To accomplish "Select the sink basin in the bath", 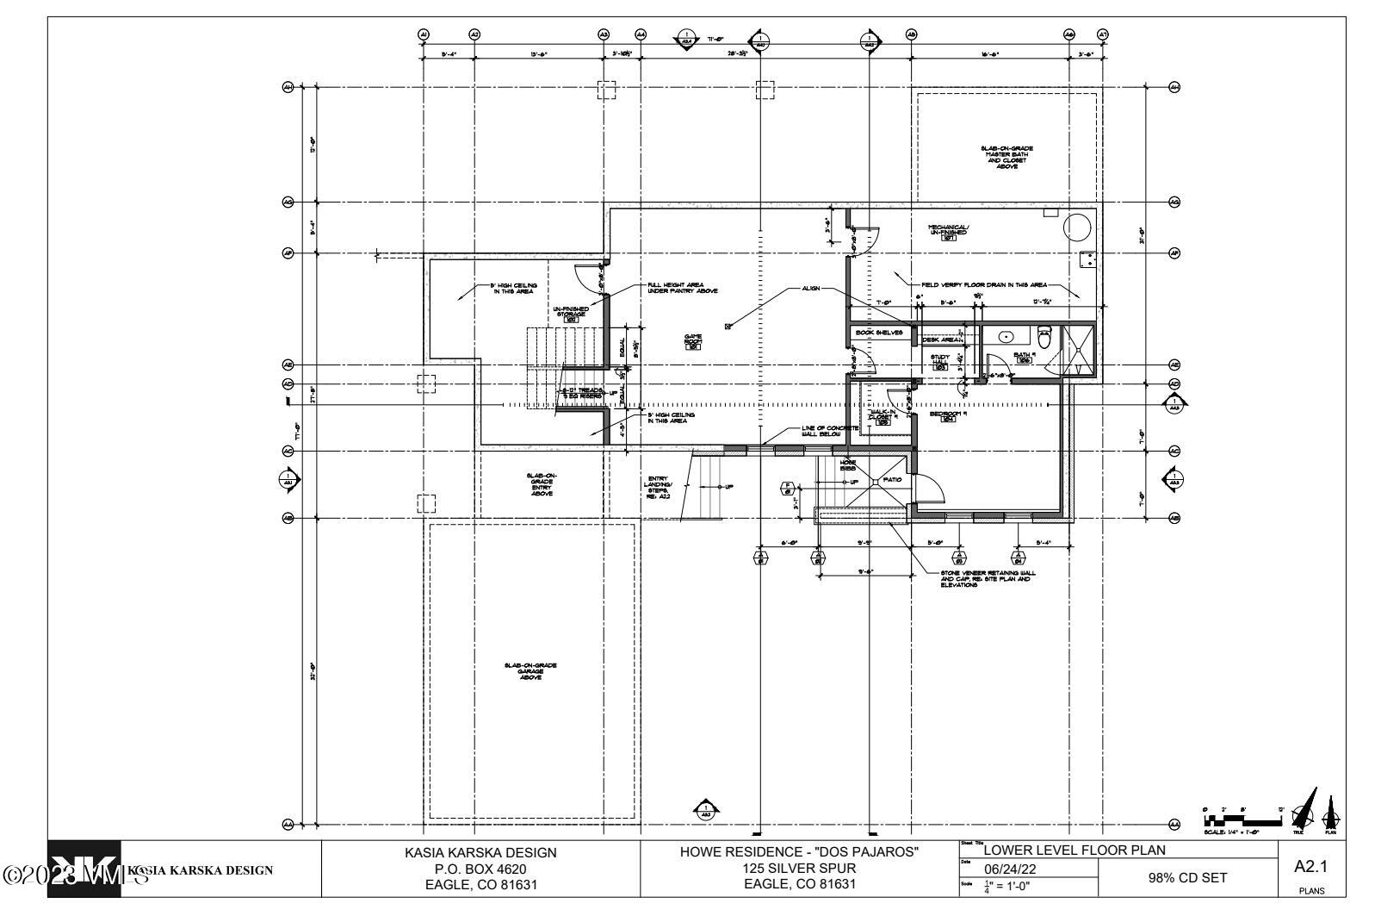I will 1006,336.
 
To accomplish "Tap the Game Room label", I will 693,340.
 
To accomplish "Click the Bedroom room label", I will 949,416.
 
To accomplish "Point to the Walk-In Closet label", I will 883,415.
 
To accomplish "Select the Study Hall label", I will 940,362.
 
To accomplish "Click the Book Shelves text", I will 878,332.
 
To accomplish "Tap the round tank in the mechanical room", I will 1077,227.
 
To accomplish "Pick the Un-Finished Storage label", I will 571,313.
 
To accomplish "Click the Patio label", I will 891,479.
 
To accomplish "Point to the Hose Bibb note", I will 847,466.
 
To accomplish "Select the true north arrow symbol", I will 1301,810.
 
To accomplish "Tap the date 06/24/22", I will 1008,871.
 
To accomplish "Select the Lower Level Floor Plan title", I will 1074,851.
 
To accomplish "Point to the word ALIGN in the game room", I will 810,289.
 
